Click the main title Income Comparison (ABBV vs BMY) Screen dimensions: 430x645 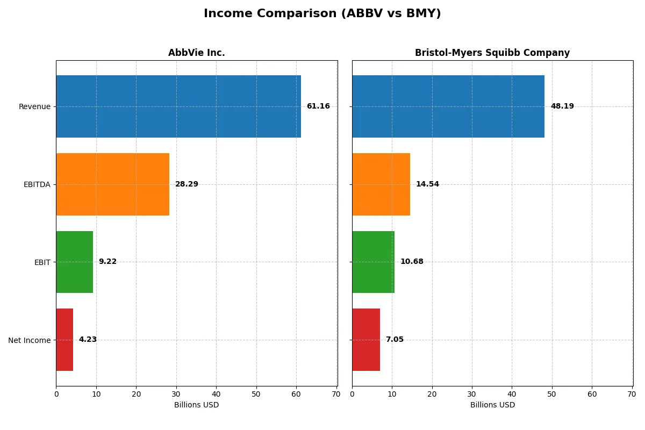[x=322, y=14]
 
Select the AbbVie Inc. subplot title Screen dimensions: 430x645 [x=196, y=53]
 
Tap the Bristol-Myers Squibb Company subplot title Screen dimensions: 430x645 [x=492, y=53]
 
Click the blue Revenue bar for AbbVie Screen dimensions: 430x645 [x=178, y=106]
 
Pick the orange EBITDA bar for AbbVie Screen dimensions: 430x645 [x=112, y=184]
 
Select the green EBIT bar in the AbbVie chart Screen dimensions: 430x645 [x=74, y=262]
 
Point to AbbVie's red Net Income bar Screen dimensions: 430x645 [x=64, y=340]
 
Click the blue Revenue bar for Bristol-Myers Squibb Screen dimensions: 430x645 [x=448, y=106]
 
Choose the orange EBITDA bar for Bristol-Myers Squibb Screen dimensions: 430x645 [x=381, y=184]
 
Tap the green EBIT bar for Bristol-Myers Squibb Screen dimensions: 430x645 [x=373, y=262]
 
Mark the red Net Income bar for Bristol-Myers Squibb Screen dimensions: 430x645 [x=366, y=340]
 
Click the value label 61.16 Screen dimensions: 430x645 [x=318, y=106]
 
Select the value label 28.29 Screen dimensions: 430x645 [x=187, y=184]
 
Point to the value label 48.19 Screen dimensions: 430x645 [x=562, y=106]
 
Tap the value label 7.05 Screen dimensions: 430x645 [x=395, y=340]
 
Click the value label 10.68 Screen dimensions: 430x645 [x=412, y=262]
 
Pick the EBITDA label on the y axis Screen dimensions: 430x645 [x=37, y=184]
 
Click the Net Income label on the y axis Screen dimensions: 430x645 [x=30, y=340]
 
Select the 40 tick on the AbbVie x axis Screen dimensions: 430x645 [x=216, y=394]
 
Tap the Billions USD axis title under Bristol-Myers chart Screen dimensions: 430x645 [x=492, y=405]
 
